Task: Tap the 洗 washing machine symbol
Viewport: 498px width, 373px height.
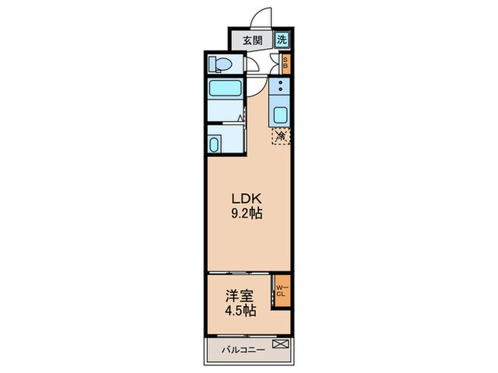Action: click(x=283, y=40)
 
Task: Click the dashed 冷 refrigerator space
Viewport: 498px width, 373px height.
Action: click(x=282, y=135)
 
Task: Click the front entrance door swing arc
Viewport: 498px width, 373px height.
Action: click(x=263, y=18)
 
